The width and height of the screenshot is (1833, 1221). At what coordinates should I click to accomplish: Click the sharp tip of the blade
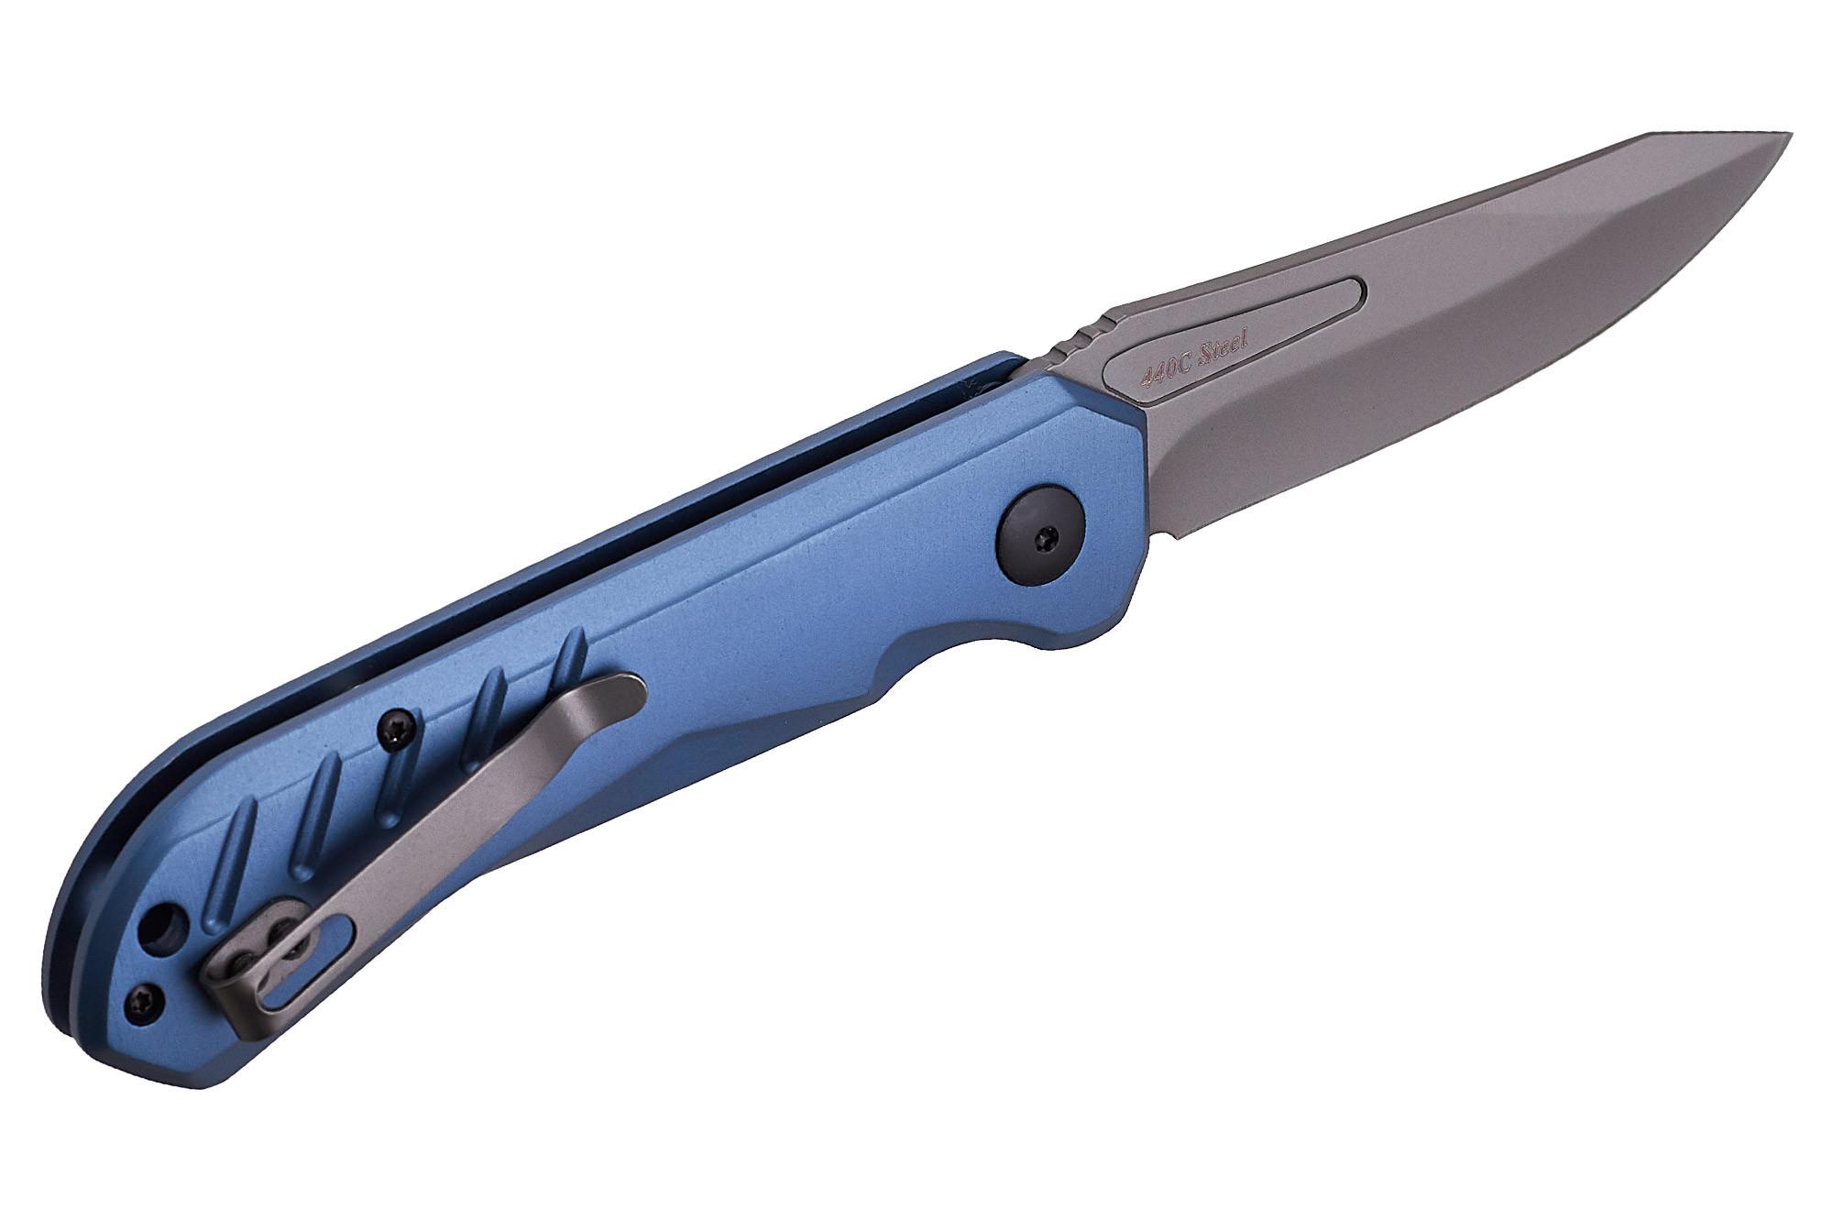click(1790, 134)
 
